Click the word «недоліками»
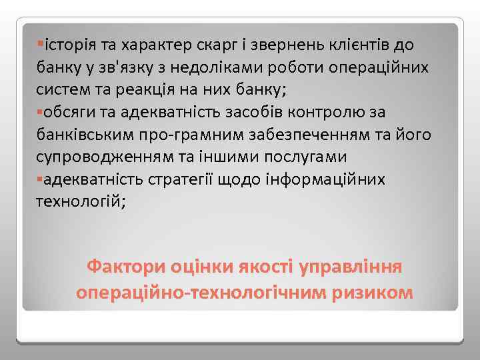(x=218, y=68)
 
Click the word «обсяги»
(x=67, y=113)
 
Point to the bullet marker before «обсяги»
(x=41, y=111)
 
